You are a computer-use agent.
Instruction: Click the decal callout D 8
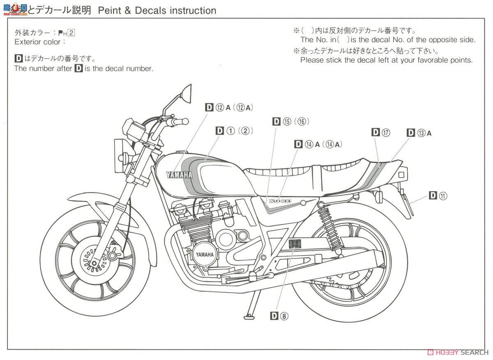(x=279, y=316)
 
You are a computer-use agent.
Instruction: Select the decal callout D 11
(x=438, y=196)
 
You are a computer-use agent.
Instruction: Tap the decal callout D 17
(x=380, y=132)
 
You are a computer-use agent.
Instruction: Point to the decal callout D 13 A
(x=419, y=132)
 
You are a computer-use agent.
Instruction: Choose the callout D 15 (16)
(x=290, y=121)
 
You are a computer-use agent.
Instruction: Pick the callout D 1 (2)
(x=234, y=131)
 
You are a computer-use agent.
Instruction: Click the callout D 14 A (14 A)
(x=318, y=144)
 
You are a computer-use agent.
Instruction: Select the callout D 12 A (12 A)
(x=229, y=108)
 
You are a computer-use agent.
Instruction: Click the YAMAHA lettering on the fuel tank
(x=179, y=175)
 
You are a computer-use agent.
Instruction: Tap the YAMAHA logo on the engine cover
(x=204, y=254)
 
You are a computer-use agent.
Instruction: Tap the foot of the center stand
(x=249, y=316)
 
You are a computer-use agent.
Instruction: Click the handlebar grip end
(x=185, y=122)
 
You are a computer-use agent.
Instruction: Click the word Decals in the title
(x=148, y=10)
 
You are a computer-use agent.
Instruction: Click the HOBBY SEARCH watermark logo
(x=458, y=353)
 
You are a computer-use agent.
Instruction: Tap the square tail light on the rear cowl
(x=401, y=175)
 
